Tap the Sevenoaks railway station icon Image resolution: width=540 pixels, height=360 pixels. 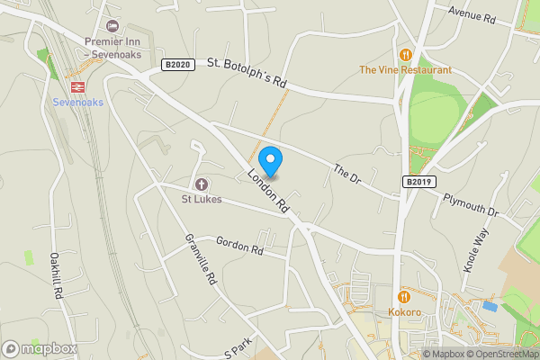click(78, 86)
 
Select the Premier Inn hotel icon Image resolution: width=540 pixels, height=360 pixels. click(112, 26)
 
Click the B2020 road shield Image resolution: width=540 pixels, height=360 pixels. click(177, 65)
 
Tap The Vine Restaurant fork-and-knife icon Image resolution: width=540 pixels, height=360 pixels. click(405, 54)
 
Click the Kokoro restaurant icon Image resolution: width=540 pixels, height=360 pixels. click(405, 296)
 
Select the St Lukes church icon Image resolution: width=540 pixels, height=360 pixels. click(202, 183)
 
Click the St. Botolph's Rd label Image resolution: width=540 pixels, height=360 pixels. click(247, 72)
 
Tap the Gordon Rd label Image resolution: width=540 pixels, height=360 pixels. click(239, 244)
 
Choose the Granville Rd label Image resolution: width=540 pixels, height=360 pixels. click(201, 259)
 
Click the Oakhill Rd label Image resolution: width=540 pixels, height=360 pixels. click(56, 275)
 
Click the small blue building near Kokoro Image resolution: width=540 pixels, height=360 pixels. click(489, 306)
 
